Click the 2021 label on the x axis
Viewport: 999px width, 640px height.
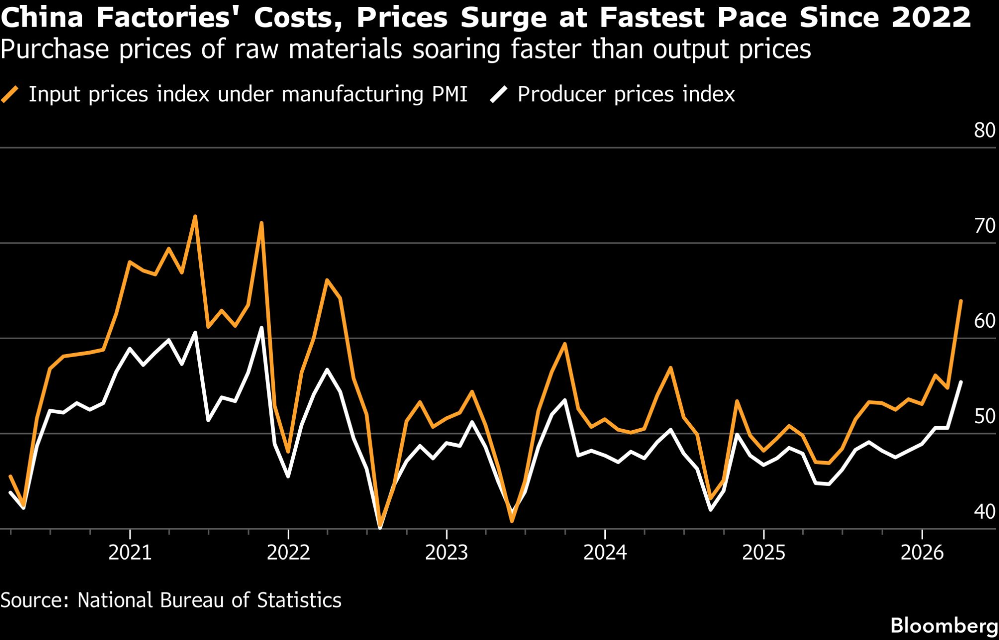[x=130, y=552]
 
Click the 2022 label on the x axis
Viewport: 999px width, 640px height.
[x=288, y=552]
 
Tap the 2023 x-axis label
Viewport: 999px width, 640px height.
[x=447, y=552]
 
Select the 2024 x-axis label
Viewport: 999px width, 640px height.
[x=605, y=552]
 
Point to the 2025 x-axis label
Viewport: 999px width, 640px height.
[x=764, y=552]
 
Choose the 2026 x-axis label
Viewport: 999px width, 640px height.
[x=922, y=552]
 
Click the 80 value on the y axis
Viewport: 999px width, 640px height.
[x=985, y=130]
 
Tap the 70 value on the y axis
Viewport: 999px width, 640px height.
[x=985, y=226]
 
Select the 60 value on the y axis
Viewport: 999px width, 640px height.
[x=985, y=321]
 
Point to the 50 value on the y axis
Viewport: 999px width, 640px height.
[x=985, y=416]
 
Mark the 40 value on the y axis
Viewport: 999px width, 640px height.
[x=985, y=512]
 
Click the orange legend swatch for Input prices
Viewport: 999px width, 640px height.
[x=10, y=94]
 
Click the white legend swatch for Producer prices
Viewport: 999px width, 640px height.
[x=499, y=94]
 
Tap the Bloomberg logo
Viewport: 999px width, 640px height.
[x=944, y=626]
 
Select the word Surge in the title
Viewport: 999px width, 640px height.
[x=503, y=17]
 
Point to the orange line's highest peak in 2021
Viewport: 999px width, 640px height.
[x=195, y=216]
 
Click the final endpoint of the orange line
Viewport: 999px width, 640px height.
[x=961, y=301]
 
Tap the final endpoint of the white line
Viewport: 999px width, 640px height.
[x=961, y=382]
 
